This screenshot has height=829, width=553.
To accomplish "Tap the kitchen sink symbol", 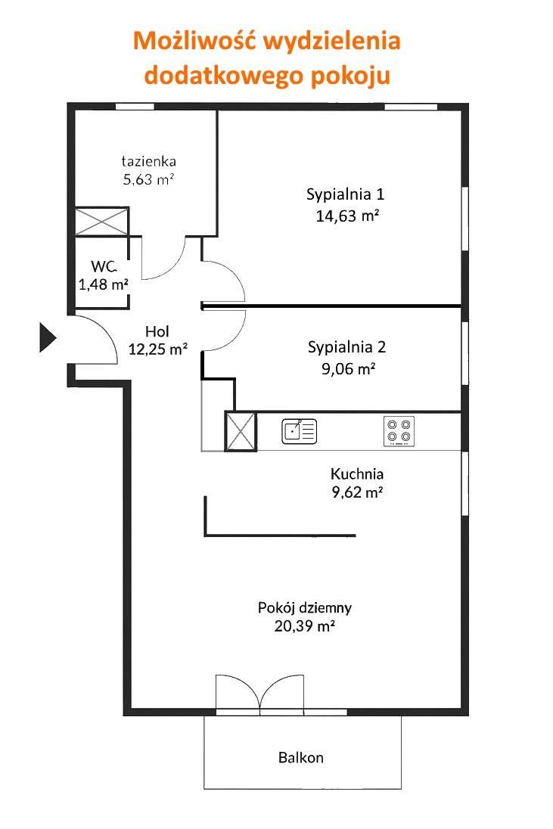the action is [x=300, y=431].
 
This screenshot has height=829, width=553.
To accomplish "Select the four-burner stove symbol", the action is [x=399, y=431].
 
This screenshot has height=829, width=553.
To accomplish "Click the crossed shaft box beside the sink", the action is [x=241, y=432].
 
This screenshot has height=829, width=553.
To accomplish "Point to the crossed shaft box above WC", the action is [x=101, y=221].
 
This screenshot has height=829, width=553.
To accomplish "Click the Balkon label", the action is [x=301, y=758].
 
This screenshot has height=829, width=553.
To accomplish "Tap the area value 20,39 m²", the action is [x=305, y=626].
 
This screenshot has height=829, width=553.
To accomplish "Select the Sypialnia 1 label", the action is [x=345, y=194].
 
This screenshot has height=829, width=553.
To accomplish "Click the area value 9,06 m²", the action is [x=349, y=368].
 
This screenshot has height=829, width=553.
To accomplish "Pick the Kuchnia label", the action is [x=357, y=473].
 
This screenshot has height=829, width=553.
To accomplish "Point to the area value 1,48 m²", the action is [x=104, y=284].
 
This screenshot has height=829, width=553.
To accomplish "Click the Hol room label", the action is [x=157, y=331].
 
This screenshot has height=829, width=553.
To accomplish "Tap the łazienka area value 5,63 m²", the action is [x=148, y=179].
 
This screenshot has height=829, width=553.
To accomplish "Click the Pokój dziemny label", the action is [x=305, y=608].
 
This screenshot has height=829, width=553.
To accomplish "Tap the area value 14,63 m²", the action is [x=347, y=216].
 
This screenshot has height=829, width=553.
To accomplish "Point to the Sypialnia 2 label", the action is [x=346, y=347].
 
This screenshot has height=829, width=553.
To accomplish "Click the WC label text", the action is [x=104, y=266].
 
